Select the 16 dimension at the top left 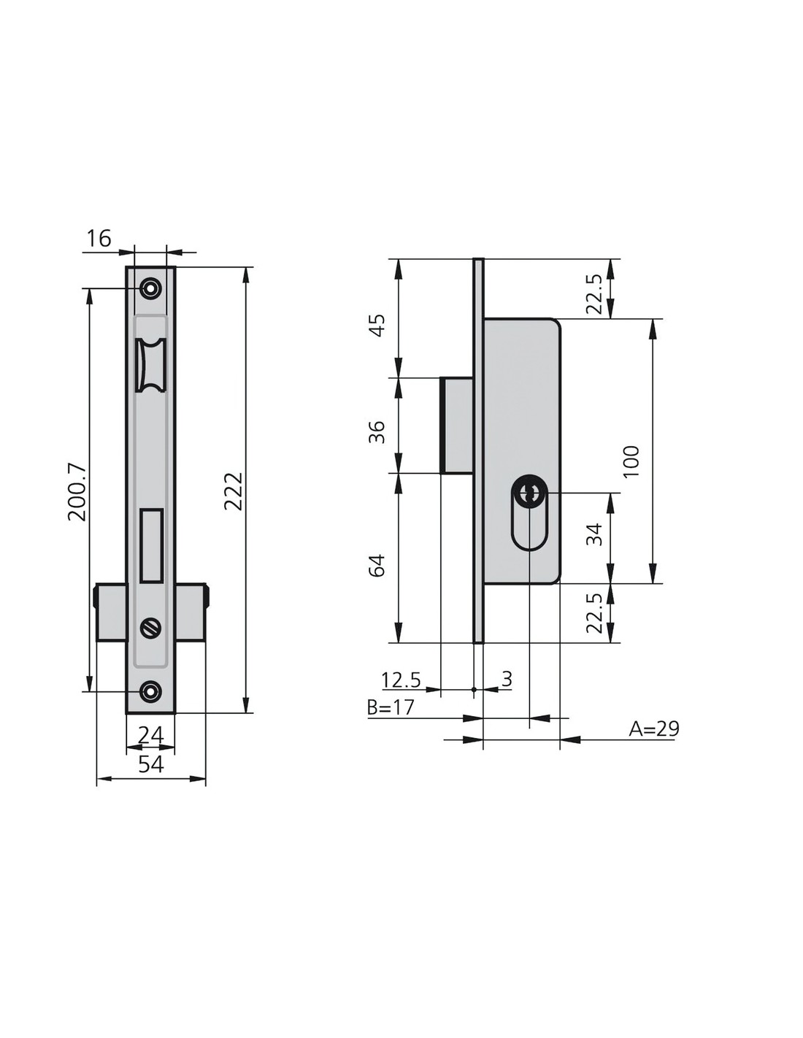(99, 238)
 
